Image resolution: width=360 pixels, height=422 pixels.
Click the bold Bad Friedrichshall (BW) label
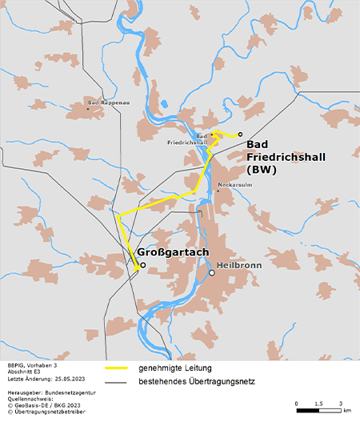tap(275, 156)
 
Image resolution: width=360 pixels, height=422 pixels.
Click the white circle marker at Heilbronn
tap(212, 273)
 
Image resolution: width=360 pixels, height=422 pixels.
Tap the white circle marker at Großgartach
tap(142, 266)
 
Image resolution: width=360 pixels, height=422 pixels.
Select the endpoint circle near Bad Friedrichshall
tap(240, 135)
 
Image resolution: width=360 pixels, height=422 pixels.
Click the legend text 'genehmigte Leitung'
tap(174, 368)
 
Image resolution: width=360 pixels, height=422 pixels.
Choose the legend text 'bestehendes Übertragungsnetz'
tap(196, 381)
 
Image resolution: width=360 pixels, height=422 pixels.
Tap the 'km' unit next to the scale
tap(347, 410)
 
